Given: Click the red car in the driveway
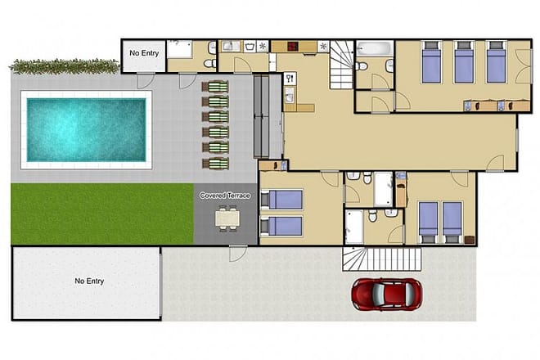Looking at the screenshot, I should (x=386, y=294).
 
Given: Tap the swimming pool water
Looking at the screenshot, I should (x=87, y=129).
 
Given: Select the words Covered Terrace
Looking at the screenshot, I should (x=224, y=196).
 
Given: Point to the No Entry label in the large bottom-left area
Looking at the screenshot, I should (x=89, y=281).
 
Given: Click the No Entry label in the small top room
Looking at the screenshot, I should (x=143, y=54).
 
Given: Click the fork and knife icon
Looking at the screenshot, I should (x=290, y=79).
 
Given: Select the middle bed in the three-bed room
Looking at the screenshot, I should (x=464, y=62).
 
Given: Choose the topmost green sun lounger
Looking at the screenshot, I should (x=217, y=87).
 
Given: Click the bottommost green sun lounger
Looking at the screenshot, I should (x=217, y=163).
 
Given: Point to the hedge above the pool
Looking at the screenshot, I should (x=64, y=65).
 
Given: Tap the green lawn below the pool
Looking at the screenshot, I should (x=101, y=213).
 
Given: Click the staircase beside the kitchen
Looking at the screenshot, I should (x=342, y=65).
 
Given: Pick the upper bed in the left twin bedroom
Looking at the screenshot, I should (x=282, y=199).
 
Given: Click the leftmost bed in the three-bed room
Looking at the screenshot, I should (x=432, y=62).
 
